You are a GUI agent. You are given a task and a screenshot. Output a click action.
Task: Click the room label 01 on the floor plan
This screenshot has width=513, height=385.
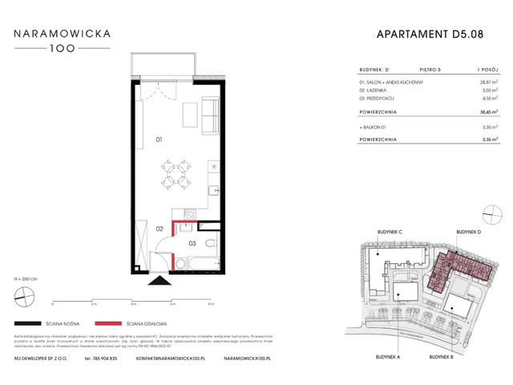coord(160,140)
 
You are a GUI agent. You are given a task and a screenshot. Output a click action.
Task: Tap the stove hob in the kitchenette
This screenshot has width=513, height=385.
coord(191,213)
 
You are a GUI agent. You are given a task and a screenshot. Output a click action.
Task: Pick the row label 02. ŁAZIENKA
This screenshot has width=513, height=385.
coord(370,91)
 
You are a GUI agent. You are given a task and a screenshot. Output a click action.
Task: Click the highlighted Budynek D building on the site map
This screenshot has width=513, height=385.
coord(453,265)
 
